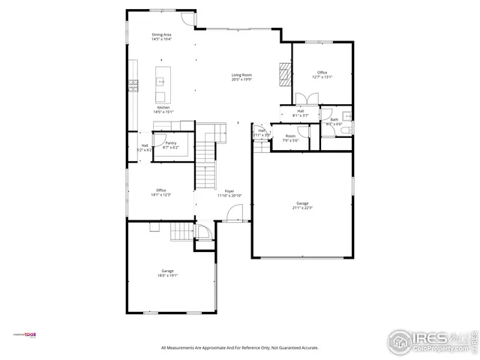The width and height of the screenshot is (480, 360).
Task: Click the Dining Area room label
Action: [x=162, y=34]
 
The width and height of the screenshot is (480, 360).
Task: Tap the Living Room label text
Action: [x=241, y=75]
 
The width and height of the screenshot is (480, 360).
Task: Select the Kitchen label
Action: [x=163, y=107]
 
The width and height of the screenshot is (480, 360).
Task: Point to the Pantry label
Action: [x=171, y=142]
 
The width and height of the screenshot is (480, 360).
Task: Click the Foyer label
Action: [x=229, y=191]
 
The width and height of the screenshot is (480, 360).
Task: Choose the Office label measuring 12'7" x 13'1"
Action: [x=322, y=73]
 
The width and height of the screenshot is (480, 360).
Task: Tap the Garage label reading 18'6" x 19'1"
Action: [x=167, y=271]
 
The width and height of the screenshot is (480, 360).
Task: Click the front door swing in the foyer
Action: [x=233, y=215]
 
